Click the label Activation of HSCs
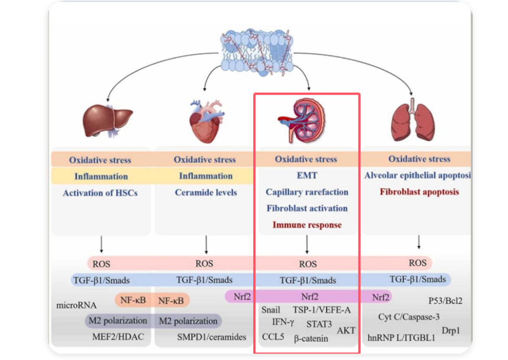[100, 193]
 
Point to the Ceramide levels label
[206, 193]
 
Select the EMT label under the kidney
[306, 176]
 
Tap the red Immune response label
[306, 225]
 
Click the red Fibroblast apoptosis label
[419, 192]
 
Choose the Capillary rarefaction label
[306, 192]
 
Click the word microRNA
[76, 305]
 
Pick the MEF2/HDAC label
[117, 336]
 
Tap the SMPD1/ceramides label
[212, 337]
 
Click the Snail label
[271, 310]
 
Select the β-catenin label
[311, 338]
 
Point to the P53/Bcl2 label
[445, 301]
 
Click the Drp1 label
[450, 331]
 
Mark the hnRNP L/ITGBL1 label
[401, 337]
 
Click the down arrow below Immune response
[307, 244]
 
